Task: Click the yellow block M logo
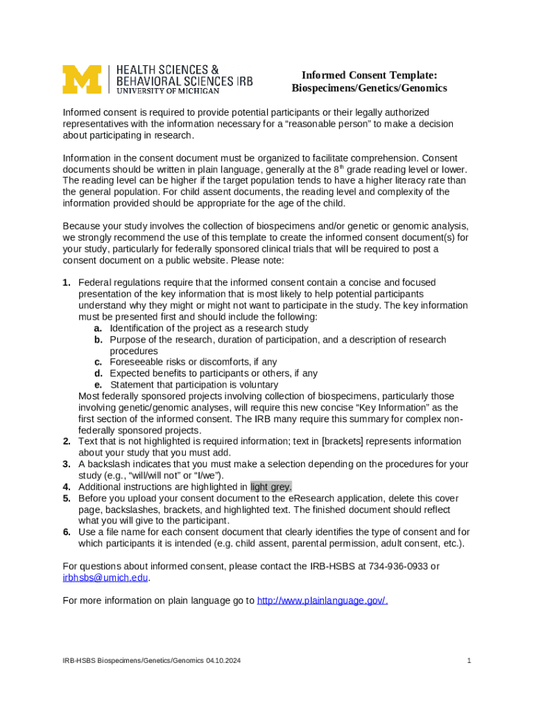tap(81, 80)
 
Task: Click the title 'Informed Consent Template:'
tap(369, 75)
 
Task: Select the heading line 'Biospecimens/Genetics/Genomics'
tap(369, 88)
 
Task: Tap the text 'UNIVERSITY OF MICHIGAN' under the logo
tap(168, 90)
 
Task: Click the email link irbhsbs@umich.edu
tap(105, 578)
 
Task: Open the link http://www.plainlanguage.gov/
tap(322, 600)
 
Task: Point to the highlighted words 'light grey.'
tap(271, 487)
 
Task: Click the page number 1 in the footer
tap(469, 661)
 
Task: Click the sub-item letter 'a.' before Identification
tap(98, 328)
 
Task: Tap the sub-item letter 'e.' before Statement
tap(98, 385)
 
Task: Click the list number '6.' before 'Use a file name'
tap(67, 532)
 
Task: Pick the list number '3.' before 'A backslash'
tap(67, 464)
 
